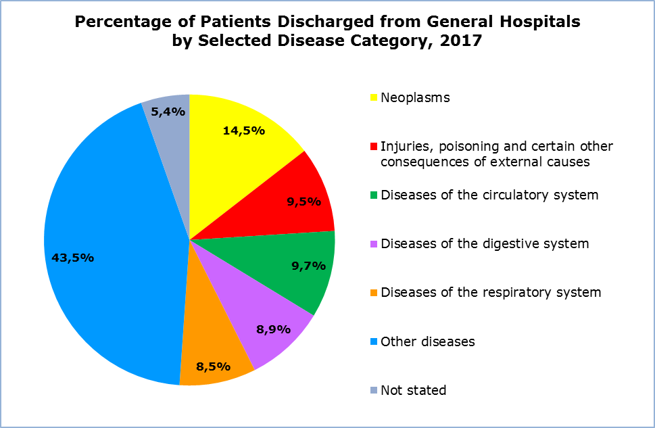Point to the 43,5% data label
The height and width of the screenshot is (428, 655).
[x=73, y=258]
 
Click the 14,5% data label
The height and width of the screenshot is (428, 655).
[x=243, y=130]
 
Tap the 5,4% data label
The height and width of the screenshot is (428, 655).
[x=168, y=112]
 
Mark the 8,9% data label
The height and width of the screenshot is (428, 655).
[x=273, y=329]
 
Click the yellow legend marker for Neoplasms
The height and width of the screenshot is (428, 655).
[x=373, y=98]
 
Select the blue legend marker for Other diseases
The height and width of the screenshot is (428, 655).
[x=373, y=342]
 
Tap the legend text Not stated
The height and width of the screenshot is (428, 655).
[x=413, y=390]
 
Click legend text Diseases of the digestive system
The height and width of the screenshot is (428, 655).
[x=485, y=243]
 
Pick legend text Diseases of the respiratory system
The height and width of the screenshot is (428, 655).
[x=491, y=293]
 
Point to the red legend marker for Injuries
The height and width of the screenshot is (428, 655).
[x=373, y=147]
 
